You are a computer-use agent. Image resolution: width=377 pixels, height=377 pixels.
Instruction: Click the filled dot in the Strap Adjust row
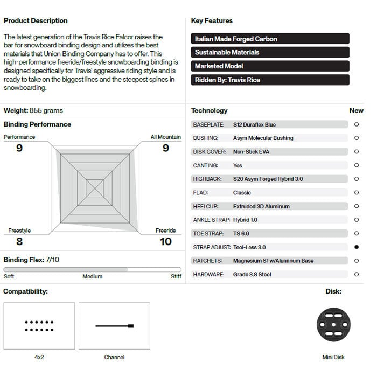[357, 247]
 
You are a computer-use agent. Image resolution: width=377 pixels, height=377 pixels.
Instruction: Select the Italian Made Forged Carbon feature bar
[270, 39]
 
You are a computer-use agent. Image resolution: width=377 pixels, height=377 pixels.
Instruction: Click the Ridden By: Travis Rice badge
[270, 80]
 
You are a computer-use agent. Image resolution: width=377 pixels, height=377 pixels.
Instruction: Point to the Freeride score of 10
[166, 241]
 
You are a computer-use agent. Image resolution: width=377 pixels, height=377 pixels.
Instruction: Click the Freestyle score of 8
[19, 241]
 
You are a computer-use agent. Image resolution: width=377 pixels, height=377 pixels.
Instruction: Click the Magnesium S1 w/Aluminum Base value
[273, 261]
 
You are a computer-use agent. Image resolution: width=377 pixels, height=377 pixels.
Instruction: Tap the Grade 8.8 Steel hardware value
[252, 274]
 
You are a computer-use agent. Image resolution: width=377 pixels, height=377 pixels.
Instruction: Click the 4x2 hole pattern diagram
[39, 325]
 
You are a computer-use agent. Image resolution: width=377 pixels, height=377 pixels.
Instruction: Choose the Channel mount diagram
[114, 325]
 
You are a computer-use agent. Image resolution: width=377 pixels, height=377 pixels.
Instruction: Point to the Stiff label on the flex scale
[176, 276]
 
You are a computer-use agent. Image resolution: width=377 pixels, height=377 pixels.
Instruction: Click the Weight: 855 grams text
[33, 110]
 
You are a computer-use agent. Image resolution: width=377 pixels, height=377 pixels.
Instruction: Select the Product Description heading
[36, 20]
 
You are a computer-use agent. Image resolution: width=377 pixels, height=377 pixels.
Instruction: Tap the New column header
[357, 110]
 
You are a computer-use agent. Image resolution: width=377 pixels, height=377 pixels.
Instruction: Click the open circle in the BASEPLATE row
[357, 124]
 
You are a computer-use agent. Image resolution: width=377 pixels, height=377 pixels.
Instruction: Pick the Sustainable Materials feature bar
[270, 52]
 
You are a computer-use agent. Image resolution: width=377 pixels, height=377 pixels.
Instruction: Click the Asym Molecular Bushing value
[263, 138]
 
